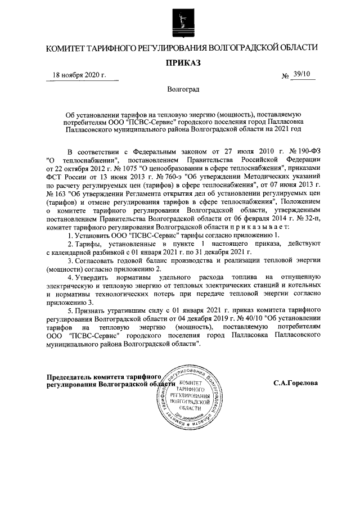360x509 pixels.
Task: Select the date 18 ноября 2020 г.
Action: (x=79, y=74)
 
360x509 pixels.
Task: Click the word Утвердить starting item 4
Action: (x=94, y=277)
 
